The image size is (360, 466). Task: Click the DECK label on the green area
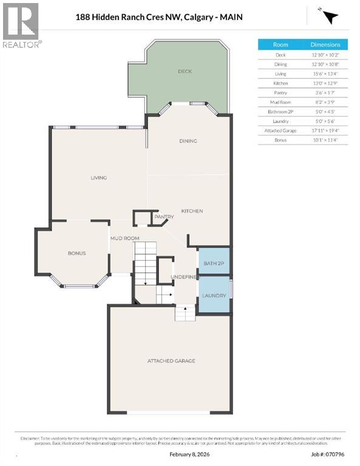[x=185, y=72]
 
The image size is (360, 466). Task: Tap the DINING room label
[x=188, y=141]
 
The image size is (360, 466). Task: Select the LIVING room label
[x=98, y=178]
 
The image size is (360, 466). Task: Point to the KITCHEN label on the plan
[x=192, y=211]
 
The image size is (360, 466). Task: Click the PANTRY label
[x=164, y=217]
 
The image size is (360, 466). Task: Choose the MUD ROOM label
[x=124, y=238]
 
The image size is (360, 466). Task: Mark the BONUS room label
[x=76, y=253]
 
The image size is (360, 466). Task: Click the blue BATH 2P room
[x=214, y=262]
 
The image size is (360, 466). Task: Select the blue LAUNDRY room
[x=214, y=295]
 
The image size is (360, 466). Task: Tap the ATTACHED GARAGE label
[x=171, y=361]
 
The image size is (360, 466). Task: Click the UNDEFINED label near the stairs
[x=184, y=277]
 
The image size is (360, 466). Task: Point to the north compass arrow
[x=328, y=17]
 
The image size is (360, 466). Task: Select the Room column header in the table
[x=280, y=44]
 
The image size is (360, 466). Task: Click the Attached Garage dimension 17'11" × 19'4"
[x=325, y=130]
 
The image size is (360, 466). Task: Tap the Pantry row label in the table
[x=280, y=92]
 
